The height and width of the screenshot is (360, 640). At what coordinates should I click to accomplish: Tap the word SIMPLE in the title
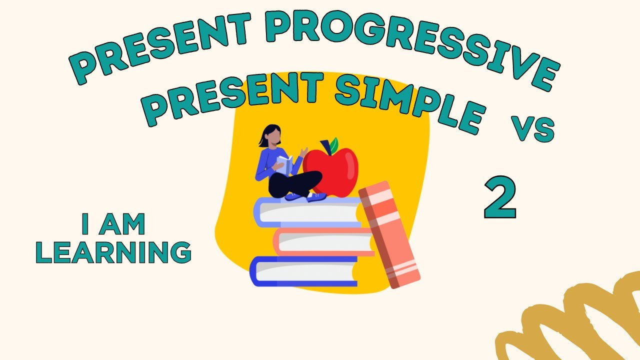point(410,102)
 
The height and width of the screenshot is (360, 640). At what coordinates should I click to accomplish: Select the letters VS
point(532,129)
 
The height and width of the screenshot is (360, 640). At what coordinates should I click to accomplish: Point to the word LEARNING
point(113,252)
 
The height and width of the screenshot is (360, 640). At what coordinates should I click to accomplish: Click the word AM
point(122,224)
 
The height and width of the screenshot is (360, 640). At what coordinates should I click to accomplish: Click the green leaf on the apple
point(332,144)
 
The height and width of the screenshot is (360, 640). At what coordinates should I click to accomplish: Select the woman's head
point(271,135)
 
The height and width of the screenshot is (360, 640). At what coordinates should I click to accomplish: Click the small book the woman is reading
point(284,164)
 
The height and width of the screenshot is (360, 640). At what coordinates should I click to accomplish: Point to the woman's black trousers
point(295,184)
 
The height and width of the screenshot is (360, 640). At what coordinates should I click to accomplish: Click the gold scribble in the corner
point(575,320)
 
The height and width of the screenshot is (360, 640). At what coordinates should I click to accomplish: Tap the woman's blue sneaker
point(316,197)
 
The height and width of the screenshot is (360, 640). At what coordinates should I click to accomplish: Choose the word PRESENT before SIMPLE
point(235,97)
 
